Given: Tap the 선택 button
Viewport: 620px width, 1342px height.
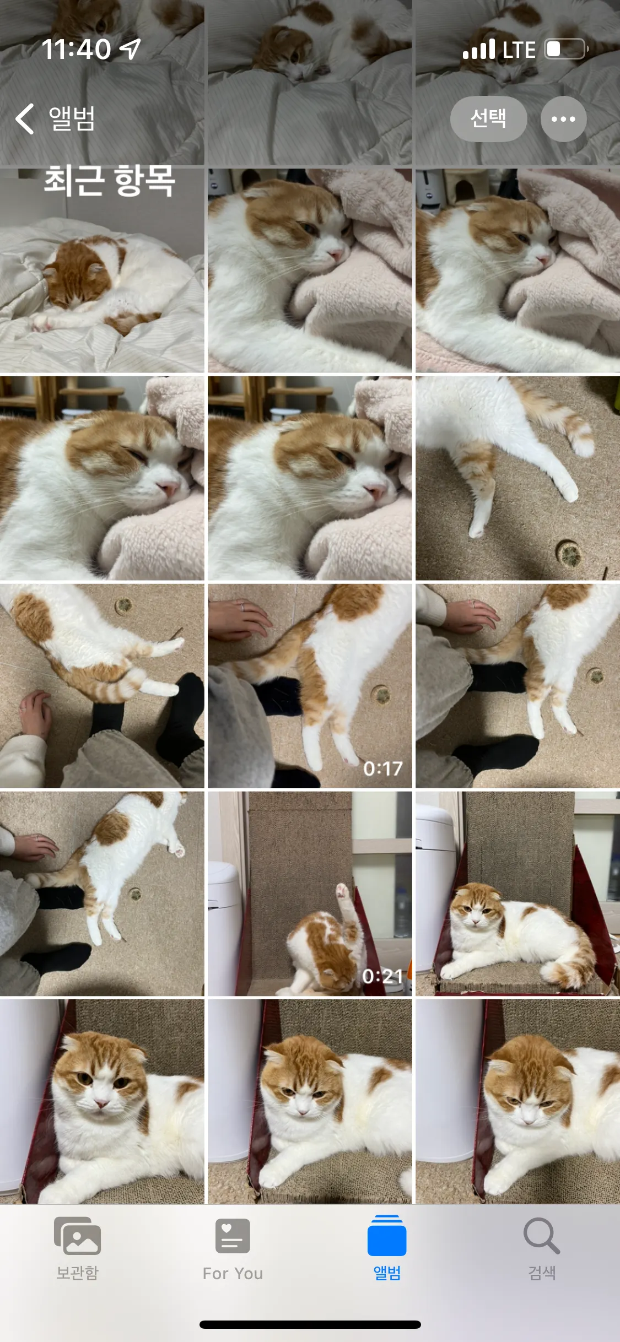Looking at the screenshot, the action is [488, 118].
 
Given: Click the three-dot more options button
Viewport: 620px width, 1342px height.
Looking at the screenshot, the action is [563, 118].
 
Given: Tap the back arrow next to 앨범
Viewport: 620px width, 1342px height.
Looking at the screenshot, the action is [25, 118].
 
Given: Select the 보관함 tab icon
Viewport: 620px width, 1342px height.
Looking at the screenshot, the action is [77, 1236].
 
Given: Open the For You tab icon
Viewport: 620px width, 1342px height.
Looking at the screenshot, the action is [233, 1236].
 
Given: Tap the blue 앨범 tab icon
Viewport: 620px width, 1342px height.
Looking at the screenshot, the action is [387, 1235].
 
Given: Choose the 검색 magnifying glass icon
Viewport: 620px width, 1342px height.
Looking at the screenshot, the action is [542, 1236].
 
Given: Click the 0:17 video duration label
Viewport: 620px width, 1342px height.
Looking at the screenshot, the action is [383, 769].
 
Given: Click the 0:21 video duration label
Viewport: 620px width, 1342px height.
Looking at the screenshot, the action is [383, 976].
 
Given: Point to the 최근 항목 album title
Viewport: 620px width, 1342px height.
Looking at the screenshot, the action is [110, 181].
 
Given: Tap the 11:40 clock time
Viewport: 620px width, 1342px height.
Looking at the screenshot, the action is [77, 49].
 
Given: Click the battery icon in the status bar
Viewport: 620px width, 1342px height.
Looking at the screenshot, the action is [566, 49].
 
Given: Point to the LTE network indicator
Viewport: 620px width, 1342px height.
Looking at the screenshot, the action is [519, 50].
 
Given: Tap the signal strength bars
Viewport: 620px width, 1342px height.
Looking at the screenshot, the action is [479, 49].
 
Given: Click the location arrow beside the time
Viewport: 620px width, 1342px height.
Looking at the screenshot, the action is [131, 49].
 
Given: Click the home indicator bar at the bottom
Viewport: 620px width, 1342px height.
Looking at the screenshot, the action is [310, 1324].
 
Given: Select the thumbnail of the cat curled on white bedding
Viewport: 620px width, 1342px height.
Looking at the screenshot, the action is [102, 270].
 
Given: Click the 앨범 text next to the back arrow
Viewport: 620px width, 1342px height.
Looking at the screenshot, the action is [72, 118].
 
